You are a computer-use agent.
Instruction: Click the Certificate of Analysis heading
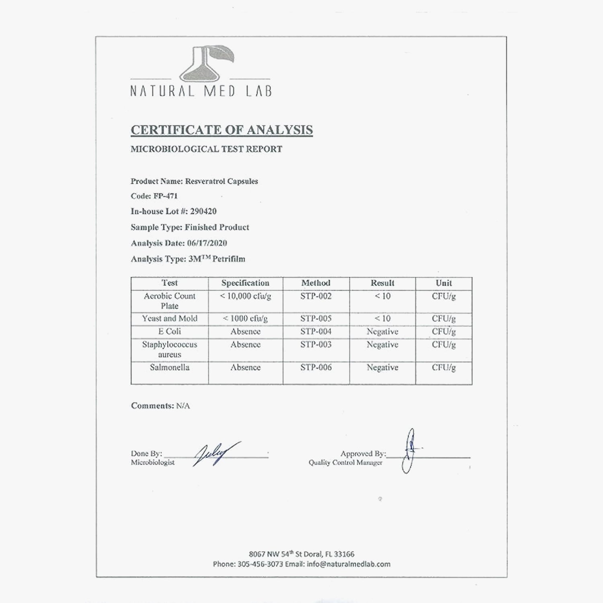coord(222,130)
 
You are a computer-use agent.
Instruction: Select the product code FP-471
coord(165,196)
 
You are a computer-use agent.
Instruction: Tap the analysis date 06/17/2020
coord(207,243)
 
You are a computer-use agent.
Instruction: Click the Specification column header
coord(245,283)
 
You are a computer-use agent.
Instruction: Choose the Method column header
coord(316,283)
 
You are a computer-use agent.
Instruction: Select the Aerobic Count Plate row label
coord(169,301)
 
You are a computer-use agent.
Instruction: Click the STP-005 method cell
coord(316,319)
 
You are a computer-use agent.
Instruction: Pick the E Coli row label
coord(169,332)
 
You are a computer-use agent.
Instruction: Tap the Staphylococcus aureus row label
coord(169,349)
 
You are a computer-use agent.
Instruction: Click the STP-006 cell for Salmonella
coord(316,367)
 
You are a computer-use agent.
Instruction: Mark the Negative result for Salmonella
coord(382,367)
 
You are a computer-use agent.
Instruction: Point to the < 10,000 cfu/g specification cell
coord(245,296)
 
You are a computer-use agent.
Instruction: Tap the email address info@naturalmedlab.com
coord(349,564)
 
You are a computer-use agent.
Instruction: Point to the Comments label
coord(152,406)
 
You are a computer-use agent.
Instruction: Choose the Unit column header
coord(444,283)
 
